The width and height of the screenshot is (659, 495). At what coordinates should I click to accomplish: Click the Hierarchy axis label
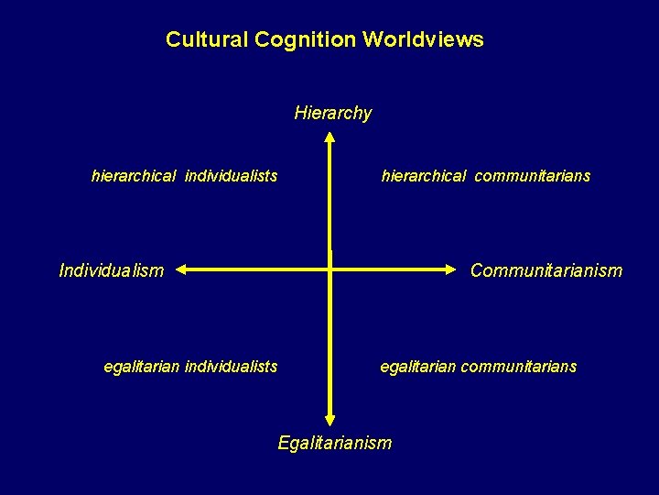click(x=333, y=114)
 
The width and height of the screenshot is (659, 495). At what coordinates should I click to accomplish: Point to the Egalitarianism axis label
click(x=334, y=444)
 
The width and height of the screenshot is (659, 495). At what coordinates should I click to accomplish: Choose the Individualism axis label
click(x=111, y=270)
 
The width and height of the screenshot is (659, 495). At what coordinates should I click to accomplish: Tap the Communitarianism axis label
click(x=546, y=270)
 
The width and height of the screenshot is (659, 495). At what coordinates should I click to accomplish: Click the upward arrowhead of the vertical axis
click(x=329, y=138)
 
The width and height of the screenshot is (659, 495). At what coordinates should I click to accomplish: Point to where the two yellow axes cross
click(x=329, y=269)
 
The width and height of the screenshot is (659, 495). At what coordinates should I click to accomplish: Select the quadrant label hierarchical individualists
click(x=185, y=176)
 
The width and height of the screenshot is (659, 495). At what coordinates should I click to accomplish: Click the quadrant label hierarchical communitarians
click(x=486, y=176)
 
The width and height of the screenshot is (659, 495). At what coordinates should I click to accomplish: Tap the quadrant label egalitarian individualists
click(x=190, y=367)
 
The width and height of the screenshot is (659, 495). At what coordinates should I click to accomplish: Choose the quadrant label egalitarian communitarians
click(x=479, y=367)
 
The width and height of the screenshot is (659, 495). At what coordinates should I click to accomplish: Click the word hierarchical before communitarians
click(x=424, y=176)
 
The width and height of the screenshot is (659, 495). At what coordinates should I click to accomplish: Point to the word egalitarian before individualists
click(x=142, y=367)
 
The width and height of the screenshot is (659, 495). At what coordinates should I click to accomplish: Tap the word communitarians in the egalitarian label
click(x=519, y=367)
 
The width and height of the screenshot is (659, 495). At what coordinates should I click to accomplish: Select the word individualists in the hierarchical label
click(x=232, y=176)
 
